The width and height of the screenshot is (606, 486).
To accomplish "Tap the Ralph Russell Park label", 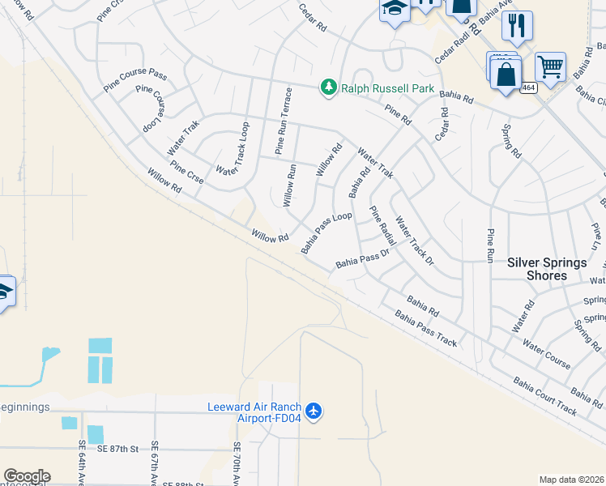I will (387, 89).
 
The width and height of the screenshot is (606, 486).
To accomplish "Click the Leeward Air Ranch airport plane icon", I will (314, 411).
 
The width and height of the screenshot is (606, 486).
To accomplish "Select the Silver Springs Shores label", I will (548, 269).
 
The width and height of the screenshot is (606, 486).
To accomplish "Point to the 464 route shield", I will (528, 87).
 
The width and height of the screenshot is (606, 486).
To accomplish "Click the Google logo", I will (27, 476).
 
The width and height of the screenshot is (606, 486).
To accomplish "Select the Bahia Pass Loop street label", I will (326, 233).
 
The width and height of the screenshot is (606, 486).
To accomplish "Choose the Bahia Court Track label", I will (544, 396).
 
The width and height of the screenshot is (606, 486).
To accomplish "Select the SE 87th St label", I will (121, 447).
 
